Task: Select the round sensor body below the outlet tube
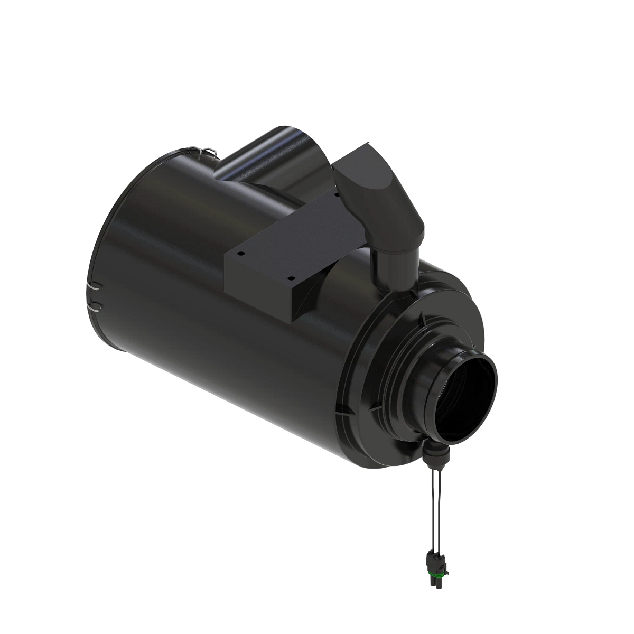(x=436, y=452)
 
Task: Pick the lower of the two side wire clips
(x=94, y=305)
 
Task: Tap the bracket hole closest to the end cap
(x=290, y=276)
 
